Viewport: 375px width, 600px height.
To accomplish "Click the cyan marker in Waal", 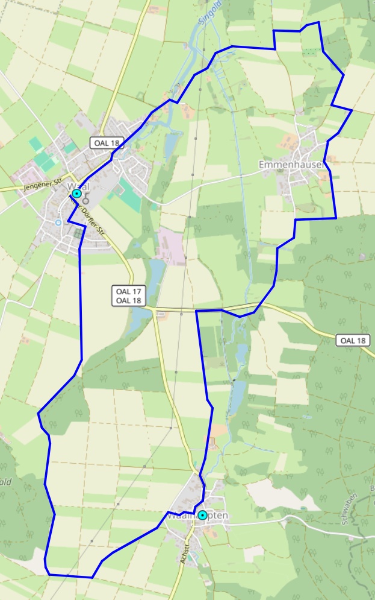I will pos(76,194).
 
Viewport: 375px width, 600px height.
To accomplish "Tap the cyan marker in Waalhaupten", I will pos(203,515).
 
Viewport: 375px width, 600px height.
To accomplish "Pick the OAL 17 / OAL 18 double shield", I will pos(128,295).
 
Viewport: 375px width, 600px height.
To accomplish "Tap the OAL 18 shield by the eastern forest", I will pos(353,340).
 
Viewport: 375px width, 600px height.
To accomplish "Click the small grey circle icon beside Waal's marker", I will pos(86,201).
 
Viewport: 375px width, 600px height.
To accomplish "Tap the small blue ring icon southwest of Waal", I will pos(58,223).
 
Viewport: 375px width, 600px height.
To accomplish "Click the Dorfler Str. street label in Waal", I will pos(90,215).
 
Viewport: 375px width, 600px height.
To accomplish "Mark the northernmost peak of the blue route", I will pos(317,23).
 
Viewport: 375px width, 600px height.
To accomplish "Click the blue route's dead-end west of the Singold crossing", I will pos(197,311).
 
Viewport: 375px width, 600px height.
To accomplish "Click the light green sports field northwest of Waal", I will pos(36,144).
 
